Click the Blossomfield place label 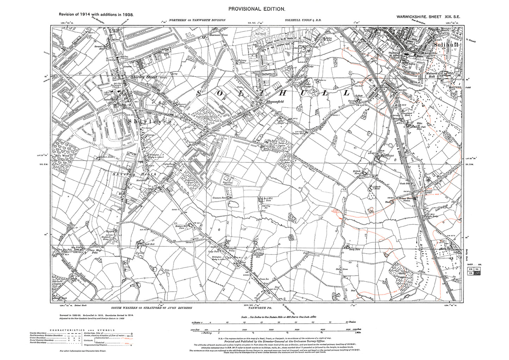tap(275, 100)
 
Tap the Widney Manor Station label tap(405, 199)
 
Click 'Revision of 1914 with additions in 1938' tap(93, 15)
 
